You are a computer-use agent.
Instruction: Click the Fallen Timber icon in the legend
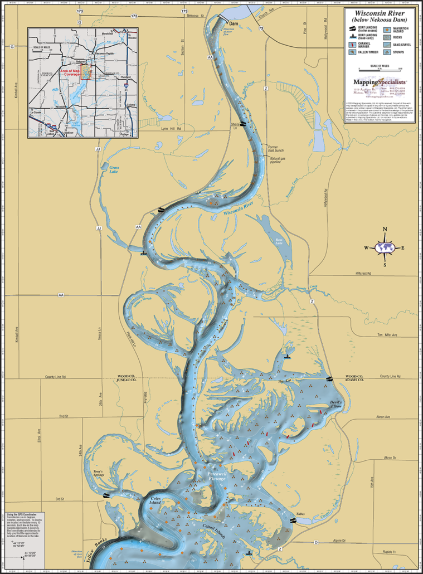[353, 52]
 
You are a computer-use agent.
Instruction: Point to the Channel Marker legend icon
[353, 44]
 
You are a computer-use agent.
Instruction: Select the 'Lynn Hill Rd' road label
[171, 129]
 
